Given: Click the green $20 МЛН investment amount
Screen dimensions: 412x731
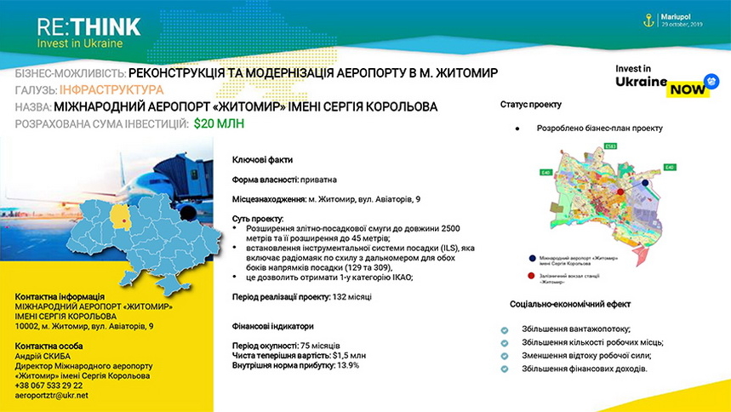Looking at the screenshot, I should coord(219,124).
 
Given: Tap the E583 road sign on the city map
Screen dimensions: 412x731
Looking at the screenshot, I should coord(609,146).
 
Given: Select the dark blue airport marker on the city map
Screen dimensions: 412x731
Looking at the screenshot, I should coord(646,182).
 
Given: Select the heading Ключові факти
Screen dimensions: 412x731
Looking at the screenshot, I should coord(262,160).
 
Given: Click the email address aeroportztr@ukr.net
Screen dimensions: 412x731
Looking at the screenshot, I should coord(52,396).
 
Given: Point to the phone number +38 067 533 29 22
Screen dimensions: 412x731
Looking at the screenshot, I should coord(49,386).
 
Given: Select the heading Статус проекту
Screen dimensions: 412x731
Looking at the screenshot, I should coord(530,105).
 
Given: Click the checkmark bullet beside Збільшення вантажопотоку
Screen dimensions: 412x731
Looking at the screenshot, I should coord(505,329).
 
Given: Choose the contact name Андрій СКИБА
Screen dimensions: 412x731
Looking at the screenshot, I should coord(45,356).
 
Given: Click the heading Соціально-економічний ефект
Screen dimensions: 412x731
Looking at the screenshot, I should coord(570,304).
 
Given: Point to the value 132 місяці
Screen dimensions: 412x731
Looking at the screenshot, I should coord(353,296).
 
